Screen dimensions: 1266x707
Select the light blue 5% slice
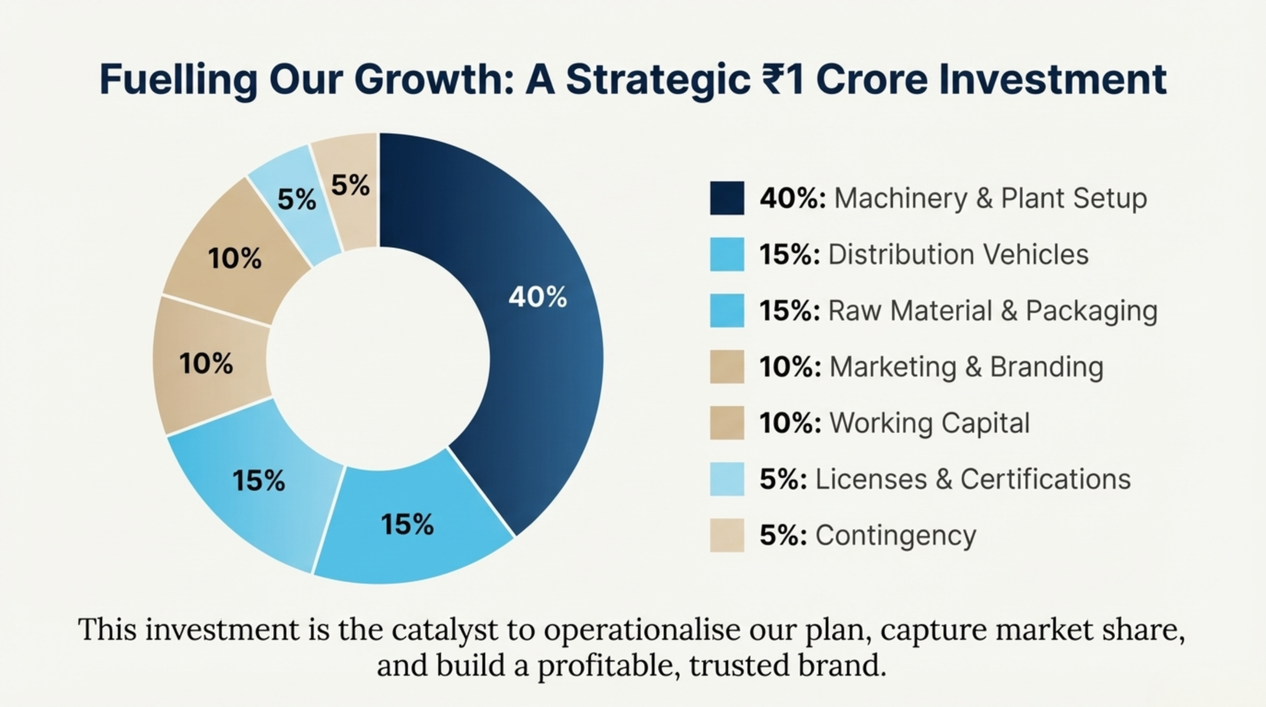(x=296, y=203)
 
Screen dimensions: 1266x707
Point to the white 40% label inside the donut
(x=538, y=297)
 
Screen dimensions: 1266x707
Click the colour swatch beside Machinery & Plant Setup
(x=727, y=198)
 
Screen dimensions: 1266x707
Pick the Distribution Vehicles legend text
(x=958, y=254)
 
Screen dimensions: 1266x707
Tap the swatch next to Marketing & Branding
(x=727, y=367)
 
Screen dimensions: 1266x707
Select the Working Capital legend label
(x=930, y=423)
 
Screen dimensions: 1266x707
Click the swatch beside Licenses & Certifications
(x=727, y=479)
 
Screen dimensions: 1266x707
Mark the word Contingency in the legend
(x=896, y=536)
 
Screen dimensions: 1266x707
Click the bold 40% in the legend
(x=793, y=198)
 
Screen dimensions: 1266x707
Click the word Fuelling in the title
(x=179, y=80)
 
